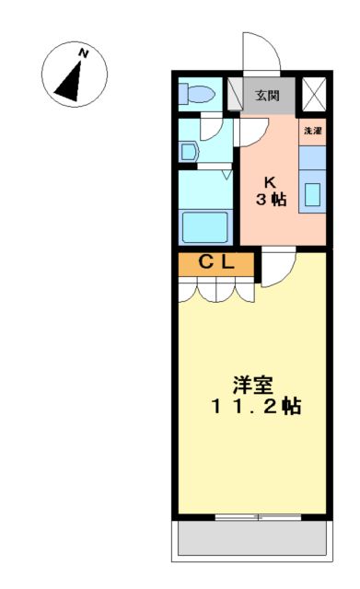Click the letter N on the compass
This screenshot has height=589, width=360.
point(84,52)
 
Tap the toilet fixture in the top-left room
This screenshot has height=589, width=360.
point(196,93)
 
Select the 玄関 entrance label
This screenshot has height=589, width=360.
point(267,94)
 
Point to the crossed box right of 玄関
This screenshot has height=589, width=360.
point(313,94)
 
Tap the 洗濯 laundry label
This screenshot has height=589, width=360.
point(312,131)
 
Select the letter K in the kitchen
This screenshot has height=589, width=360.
point(270,181)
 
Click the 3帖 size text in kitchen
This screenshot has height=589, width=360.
point(270,200)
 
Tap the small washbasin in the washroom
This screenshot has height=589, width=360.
point(189,152)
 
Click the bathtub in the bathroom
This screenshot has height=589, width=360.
point(205,224)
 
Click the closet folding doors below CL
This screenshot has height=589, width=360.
point(215,289)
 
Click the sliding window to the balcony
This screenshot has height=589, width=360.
point(257,517)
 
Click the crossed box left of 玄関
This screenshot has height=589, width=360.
point(235,94)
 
